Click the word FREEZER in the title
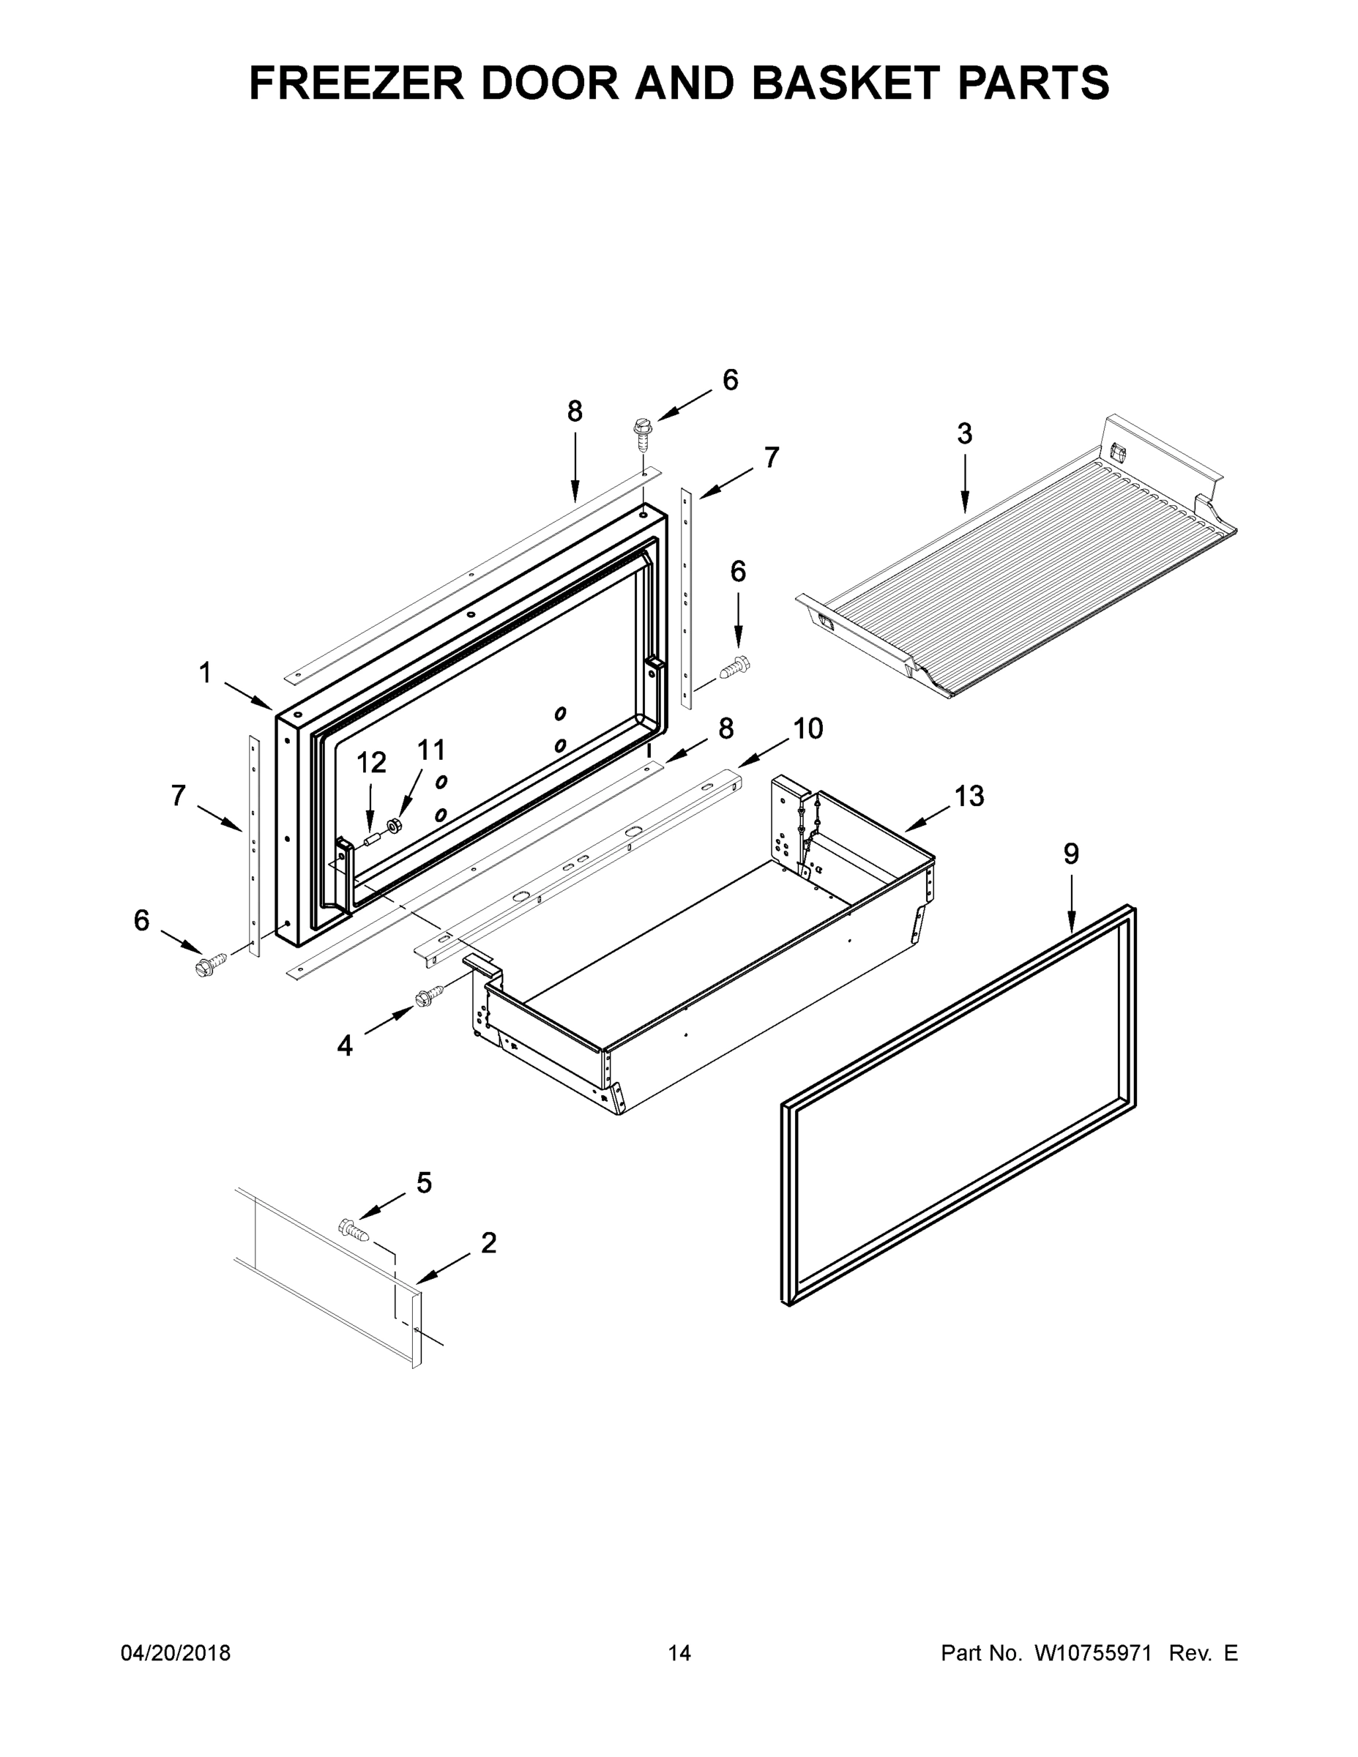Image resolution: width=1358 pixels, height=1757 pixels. pyautogui.click(x=357, y=83)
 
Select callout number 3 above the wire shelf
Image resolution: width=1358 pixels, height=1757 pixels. pyautogui.click(x=965, y=434)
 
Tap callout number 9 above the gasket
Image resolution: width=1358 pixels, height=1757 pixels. pyautogui.click(x=1071, y=854)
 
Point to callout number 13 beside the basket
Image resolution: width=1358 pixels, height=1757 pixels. pyautogui.click(x=969, y=796)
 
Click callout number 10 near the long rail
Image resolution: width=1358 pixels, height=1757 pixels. pyautogui.click(x=807, y=729)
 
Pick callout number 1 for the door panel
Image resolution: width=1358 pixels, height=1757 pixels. pyautogui.click(x=205, y=673)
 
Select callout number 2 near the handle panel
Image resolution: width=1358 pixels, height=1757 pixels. pyautogui.click(x=488, y=1243)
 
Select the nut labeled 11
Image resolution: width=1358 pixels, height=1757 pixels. pyautogui.click(x=394, y=824)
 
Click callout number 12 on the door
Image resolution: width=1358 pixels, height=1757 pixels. pyautogui.click(x=371, y=762)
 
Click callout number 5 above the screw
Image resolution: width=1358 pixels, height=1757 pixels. pyautogui.click(x=423, y=1182)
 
